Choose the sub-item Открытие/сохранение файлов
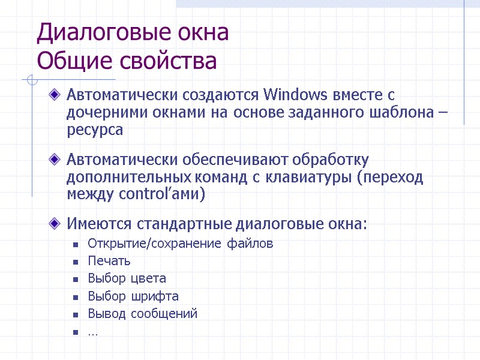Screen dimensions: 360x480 click(180, 244)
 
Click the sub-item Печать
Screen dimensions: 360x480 click(109, 261)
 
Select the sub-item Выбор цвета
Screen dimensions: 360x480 click(127, 278)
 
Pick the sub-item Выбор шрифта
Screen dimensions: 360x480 click(133, 296)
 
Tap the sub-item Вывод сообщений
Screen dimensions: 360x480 click(142, 313)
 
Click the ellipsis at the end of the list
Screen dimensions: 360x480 click(93, 331)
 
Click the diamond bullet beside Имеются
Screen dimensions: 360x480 click(55, 224)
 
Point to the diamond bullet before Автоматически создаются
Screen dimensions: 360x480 click(55, 94)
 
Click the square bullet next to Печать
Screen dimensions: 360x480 click(76, 262)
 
